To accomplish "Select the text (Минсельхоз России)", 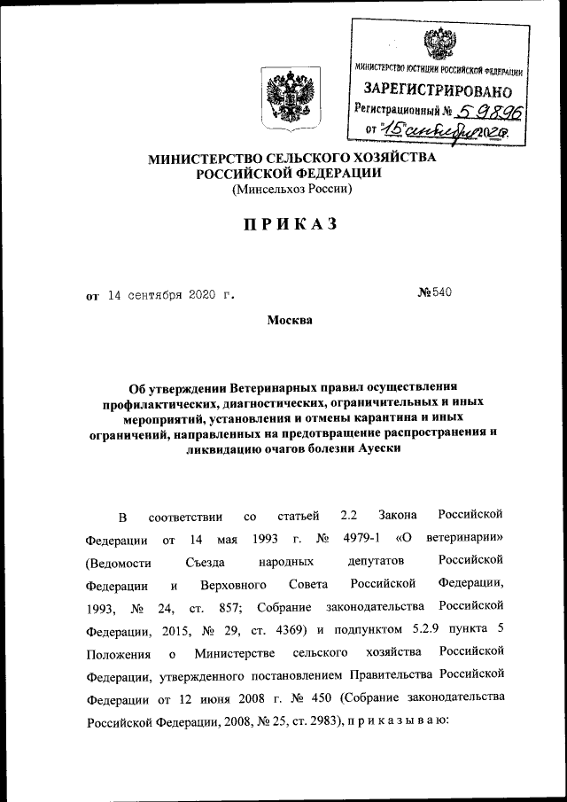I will point(291,190).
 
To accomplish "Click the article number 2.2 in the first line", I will point(349,514).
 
